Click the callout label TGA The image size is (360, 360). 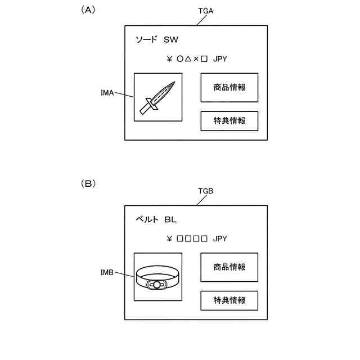click(206, 11)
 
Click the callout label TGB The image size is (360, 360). click(205, 191)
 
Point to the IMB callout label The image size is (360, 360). click(106, 272)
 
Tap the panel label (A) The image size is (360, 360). click(88, 10)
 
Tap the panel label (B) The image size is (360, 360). click(88, 183)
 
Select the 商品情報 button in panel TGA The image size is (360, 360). click(229, 87)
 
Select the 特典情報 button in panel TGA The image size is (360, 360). click(229, 121)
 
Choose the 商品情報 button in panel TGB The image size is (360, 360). click(229, 267)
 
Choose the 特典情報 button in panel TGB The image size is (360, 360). click(229, 300)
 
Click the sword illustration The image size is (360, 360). click(158, 97)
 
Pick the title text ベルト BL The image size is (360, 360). click(156, 219)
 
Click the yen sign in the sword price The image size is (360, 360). click(169, 58)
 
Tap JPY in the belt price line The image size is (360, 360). click(220, 238)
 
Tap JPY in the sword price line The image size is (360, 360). click(220, 58)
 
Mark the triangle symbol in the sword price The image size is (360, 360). click(188, 58)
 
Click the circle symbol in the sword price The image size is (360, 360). click(179, 58)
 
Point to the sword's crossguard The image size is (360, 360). click(150, 105)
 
